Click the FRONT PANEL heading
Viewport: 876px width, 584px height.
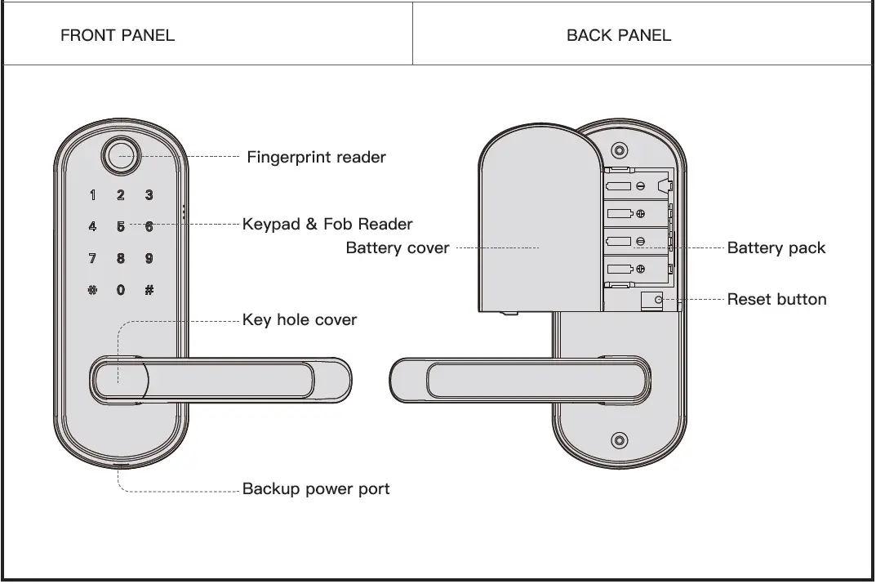(x=118, y=35)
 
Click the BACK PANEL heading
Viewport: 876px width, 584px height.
(x=619, y=35)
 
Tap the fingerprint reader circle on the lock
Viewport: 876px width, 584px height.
(x=120, y=155)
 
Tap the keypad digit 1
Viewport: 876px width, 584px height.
(x=92, y=195)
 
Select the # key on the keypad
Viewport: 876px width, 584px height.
(x=149, y=290)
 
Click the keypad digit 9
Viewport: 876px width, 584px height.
(x=149, y=258)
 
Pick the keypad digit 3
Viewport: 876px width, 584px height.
(x=149, y=195)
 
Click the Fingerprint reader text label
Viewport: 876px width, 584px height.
(x=316, y=158)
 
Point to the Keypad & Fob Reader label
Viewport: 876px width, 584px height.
(x=327, y=224)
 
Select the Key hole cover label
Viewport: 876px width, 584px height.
(x=300, y=320)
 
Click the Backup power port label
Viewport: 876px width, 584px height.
(x=316, y=489)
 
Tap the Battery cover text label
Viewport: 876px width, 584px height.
(x=398, y=247)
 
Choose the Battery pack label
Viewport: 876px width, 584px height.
(x=776, y=247)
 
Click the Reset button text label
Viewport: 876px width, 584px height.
(x=776, y=299)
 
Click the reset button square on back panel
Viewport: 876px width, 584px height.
(x=651, y=301)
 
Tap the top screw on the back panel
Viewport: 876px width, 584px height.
(x=620, y=151)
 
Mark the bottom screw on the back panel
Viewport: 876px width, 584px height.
(x=620, y=440)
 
